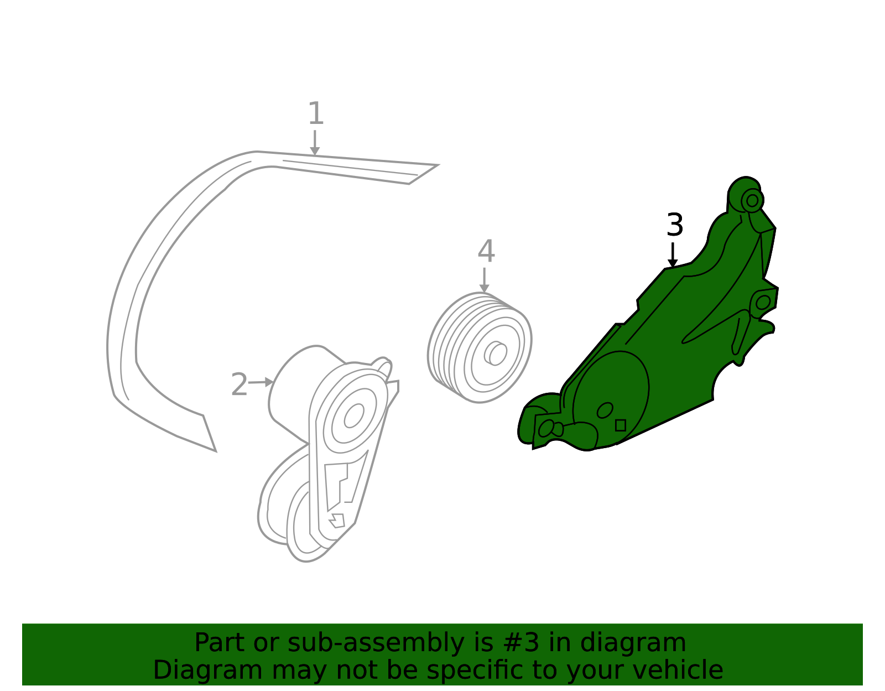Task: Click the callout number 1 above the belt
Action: pyautogui.click(x=316, y=113)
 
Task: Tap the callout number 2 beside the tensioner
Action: pyautogui.click(x=239, y=385)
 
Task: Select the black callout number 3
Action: pyautogui.click(x=675, y=225)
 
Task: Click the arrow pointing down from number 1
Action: pyautogui.click(x=314, y=143)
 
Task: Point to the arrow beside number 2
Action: pyautogui.click(x=261, y=382)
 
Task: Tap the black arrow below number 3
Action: pyautogui.click(x=673, y=255)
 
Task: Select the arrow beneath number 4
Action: pyautogui.click(x=484, y=280)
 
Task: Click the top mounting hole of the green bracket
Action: pyautogui.click(x=752, y=200)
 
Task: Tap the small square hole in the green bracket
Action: pyautogui.click(x=620, y=425)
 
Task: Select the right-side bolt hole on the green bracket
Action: pyautogui.click(x=763, y=302)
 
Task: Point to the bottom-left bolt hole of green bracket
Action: pyautogui.click(x=546, y=428)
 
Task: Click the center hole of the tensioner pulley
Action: pyautogui.click(x=354, y=415)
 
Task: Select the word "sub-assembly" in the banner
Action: pyautogui.click(x=376, y=643)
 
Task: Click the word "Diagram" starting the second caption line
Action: pyautogui.click(x=208, y=670)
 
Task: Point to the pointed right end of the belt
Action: pyautogui.click(x=438, y=165)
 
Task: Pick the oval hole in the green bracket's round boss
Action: pyautogui.click(x=605, y=410)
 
